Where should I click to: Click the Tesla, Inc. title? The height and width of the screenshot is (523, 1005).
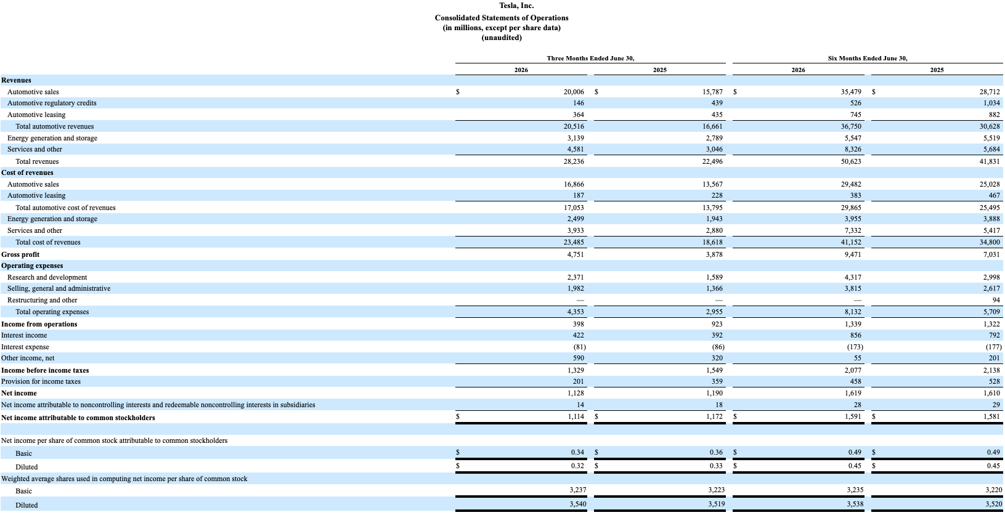tap(516, 6)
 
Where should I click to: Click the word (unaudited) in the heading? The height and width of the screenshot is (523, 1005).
tap(502, 38)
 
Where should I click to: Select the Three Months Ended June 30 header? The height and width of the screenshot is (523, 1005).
tap(590, 59)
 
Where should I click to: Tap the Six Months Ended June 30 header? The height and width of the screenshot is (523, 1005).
tap(868, 59)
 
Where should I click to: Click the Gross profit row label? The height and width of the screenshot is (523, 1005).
tap(20, 254)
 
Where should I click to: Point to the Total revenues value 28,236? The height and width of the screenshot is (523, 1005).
tap(574, 161)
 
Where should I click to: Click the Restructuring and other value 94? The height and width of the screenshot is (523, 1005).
tap(996, 300)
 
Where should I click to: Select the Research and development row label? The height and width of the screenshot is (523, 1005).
tap(47, 278)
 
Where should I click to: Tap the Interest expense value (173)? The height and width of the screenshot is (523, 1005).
tap(854, 347)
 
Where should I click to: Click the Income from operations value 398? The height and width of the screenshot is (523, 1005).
tap(579, 324)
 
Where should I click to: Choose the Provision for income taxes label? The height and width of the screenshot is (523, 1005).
tap(41, 382)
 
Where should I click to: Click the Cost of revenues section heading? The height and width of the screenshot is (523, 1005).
tap(27, 172)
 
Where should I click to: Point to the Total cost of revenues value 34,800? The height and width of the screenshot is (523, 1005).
tap(990, 242)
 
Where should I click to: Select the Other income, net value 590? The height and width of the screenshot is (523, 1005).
tap(579, 358)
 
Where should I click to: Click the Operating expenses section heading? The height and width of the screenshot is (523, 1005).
tap(32, 266)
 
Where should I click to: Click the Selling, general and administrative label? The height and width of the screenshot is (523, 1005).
tap(59, 288)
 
